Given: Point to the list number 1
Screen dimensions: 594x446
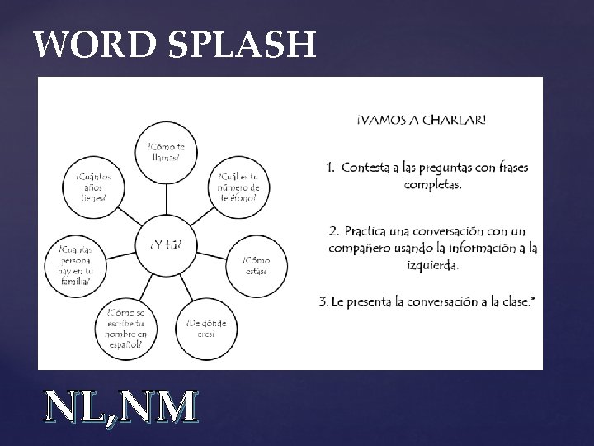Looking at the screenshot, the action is [329, 168].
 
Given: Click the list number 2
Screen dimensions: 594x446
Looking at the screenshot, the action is [332, 229].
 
